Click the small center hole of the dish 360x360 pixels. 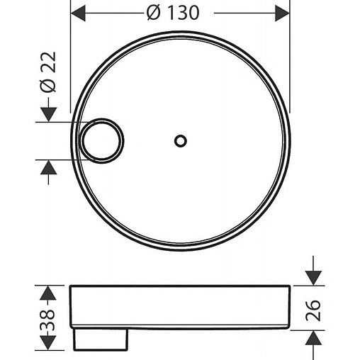coord(180,140)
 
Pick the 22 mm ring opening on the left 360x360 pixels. coord(101,140)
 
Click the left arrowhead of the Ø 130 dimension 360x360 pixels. coord(80,13)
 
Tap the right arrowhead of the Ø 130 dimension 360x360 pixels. coord(281,13)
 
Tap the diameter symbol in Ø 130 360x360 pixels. coord(157,13)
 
